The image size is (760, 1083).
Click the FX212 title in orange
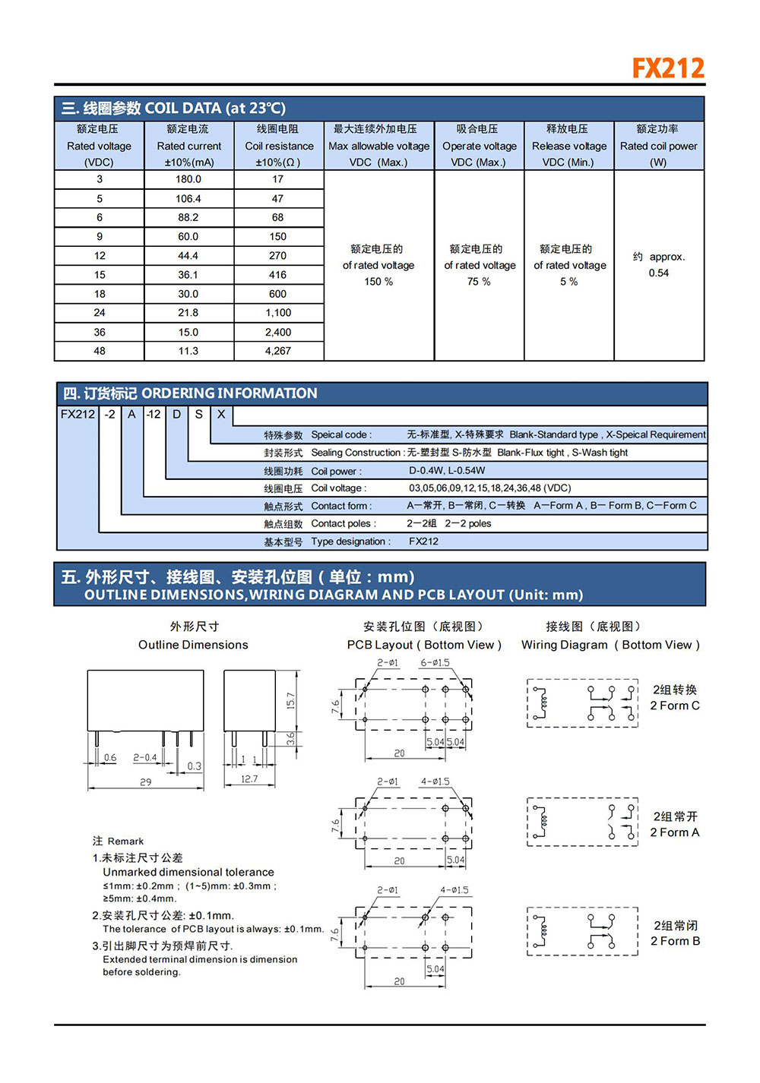tap(668, 68)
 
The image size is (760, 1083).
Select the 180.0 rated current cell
tap(188, 179)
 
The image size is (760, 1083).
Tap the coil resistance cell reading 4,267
tap(277, 351)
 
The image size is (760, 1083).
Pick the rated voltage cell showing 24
tap(100, 313)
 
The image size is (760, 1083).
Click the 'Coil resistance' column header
tap(279, 146)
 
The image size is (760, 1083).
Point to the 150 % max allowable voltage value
tap(378, 282)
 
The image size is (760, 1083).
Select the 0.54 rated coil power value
tap(659, 273)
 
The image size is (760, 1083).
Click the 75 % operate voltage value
tap(479, 282)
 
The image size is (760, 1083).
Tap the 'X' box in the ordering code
tap(221, 415)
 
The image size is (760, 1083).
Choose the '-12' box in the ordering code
tap(154, 415)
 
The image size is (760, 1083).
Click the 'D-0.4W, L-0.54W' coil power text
tap(447, 471)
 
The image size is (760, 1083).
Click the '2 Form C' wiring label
tap(675, 706)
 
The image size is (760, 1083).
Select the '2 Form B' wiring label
tap(675, 941)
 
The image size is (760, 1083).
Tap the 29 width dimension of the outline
tap(145, 781)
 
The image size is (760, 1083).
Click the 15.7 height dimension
tap(290, 700)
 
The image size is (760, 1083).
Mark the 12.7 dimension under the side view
tap(249, 779)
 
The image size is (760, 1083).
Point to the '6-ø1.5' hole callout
tap(435, 663)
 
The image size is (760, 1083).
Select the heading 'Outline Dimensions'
tap(193, 645)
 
